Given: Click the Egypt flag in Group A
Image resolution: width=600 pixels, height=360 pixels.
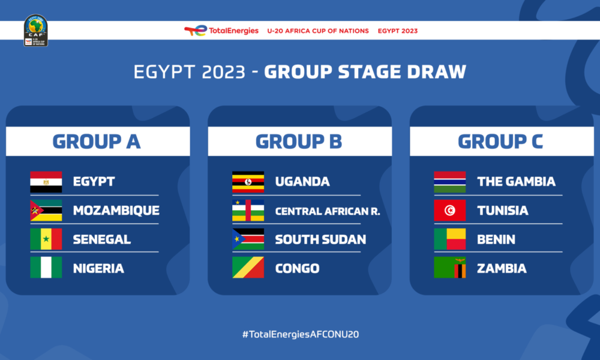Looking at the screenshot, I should coord(46,182).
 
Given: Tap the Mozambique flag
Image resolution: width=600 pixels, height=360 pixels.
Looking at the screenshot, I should coord(46,211).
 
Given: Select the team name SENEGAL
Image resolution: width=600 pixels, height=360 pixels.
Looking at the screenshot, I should coord(101,239).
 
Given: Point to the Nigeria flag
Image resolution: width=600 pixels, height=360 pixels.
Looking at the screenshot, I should coord(46,268).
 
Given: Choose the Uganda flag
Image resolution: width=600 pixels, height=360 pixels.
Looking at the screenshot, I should coord(248,182).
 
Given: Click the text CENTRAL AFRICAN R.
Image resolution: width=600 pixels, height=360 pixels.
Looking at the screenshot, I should coord(328,211).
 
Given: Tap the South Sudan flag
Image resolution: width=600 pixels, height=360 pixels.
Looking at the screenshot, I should coord(248,239).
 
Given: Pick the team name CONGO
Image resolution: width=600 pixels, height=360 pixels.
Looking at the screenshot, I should coord(297,268).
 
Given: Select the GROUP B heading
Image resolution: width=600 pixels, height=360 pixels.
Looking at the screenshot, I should coord(299,142).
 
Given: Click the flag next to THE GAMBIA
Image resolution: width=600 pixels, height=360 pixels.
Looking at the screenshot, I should coord(450,182).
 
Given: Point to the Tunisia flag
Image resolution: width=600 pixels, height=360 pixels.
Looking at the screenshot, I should coord(450,211).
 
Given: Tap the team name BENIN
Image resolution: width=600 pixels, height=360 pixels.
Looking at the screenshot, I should coord(496,239).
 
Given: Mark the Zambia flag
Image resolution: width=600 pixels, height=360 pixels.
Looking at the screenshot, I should coord(450,268).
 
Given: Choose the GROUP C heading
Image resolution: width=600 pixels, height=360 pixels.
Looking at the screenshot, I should coord(500,142).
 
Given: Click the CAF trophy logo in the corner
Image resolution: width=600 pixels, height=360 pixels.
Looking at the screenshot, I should coord(35,31).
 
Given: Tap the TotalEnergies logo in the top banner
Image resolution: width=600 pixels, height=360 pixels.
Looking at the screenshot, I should coord(221,31).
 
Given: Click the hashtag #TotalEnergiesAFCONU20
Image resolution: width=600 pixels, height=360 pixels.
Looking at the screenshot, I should coord(300,334).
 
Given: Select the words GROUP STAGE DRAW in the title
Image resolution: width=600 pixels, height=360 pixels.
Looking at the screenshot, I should coord(365,72).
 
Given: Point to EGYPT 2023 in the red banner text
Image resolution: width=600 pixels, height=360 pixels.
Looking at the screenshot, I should coord(397,31).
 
